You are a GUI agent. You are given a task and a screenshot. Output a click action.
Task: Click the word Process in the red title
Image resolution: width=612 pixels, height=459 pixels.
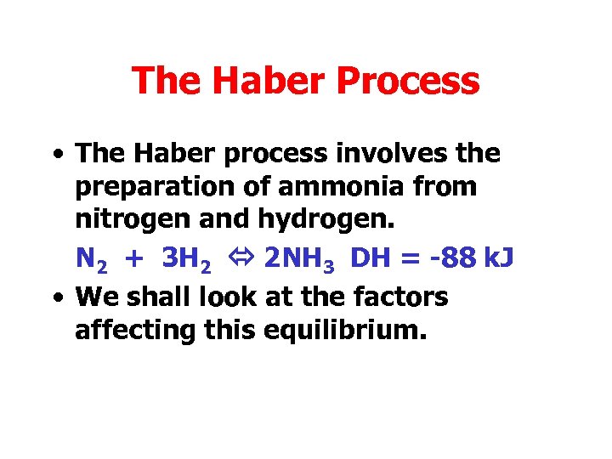pos(409,82)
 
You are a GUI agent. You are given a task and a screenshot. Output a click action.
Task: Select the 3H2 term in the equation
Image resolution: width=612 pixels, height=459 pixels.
pos(186,258)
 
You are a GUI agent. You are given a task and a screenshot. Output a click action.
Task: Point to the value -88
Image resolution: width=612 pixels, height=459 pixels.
pos(453,258)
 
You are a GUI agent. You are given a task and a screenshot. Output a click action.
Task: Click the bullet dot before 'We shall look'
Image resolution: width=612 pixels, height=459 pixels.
pos(56,297)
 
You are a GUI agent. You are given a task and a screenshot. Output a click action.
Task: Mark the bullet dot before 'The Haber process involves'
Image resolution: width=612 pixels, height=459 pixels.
pos(56,155)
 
